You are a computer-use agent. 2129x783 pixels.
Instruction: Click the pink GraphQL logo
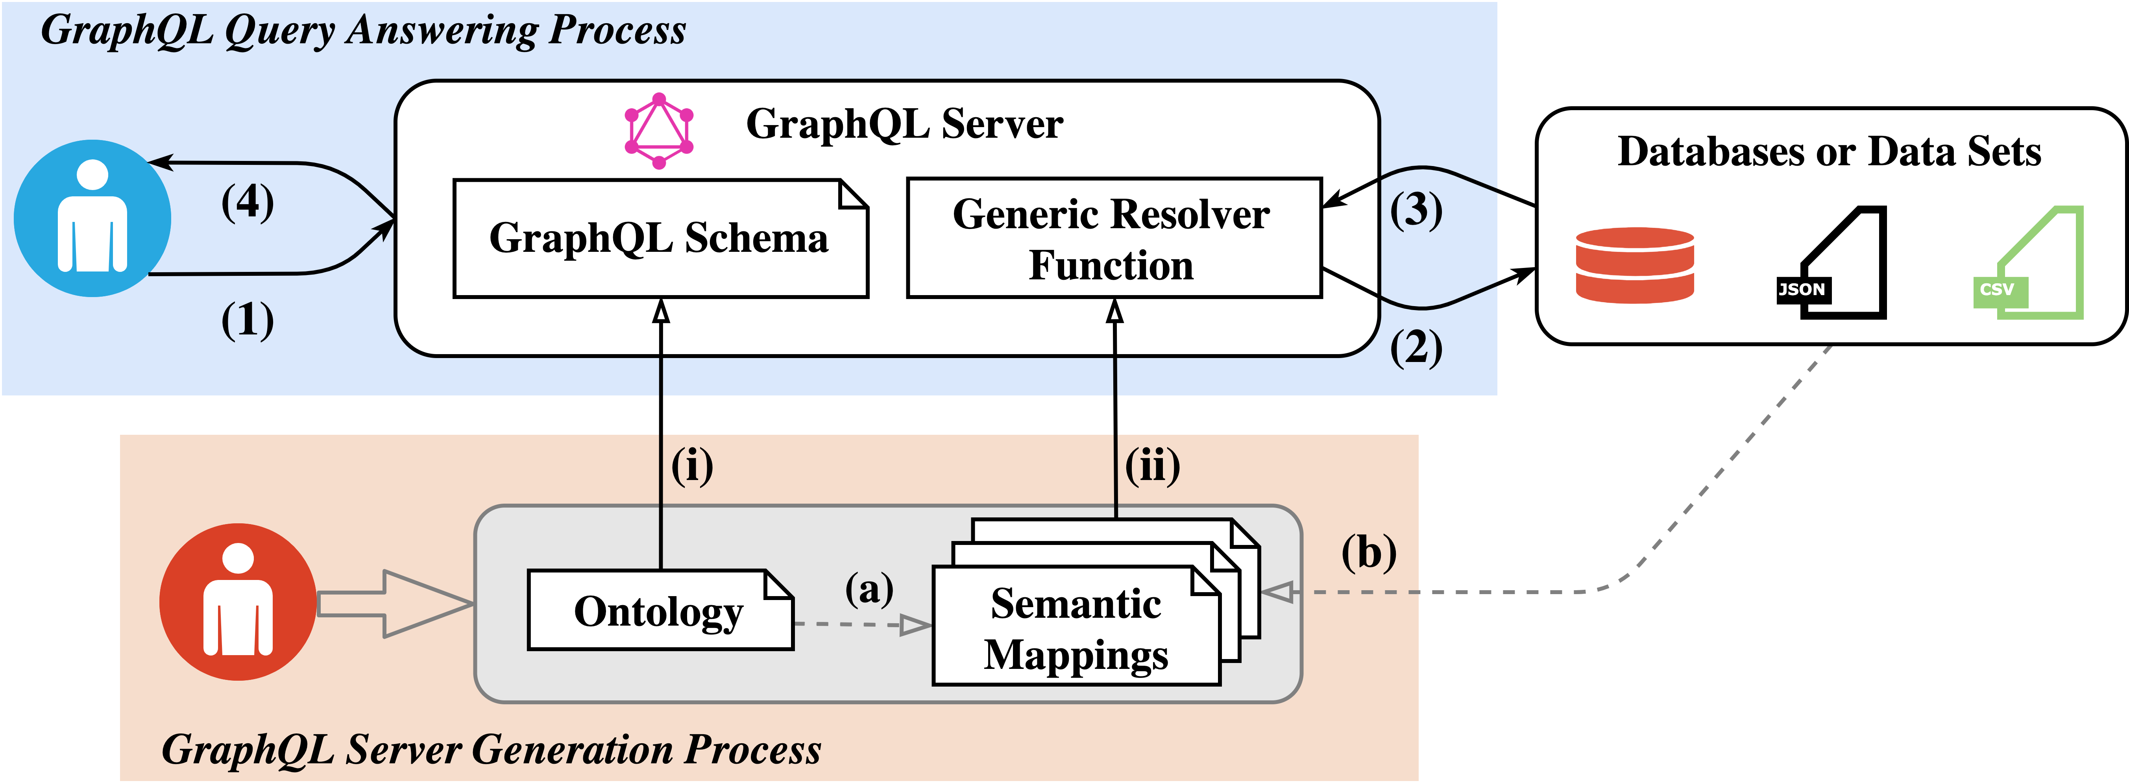(x=659, y=131)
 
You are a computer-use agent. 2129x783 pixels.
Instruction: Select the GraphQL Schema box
(x=660, y=238)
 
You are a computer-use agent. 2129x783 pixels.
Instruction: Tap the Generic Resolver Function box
(x=1113, y=238)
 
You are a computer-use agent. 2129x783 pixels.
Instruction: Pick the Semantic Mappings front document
(x=1075, y=628)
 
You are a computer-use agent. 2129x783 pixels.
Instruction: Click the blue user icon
(x=92, y=218)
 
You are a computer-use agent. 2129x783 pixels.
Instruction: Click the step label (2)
(x=1416, y=348)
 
